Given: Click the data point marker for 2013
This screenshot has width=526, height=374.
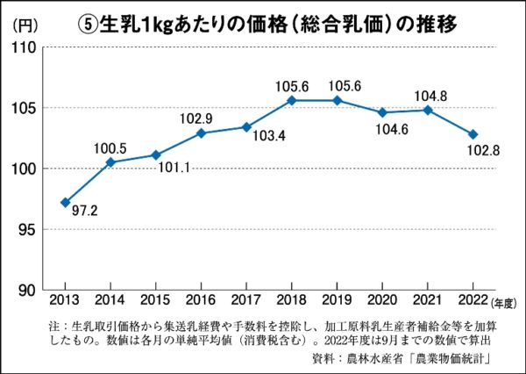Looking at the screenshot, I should pyautogui.click(x=65, y=202).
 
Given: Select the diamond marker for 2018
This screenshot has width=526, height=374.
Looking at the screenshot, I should pyautogui.click(x=291, y=100).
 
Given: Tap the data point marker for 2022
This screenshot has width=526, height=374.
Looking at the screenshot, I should pyautogui.click(x=473, y=134).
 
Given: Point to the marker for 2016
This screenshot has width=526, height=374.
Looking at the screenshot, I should pyautogui.click(x=201, y=133).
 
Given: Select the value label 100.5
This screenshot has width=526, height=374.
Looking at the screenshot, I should pyautogui.click(x=110, y=146).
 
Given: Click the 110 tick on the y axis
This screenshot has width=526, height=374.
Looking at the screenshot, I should pyautogui.click(x=27, y=47).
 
